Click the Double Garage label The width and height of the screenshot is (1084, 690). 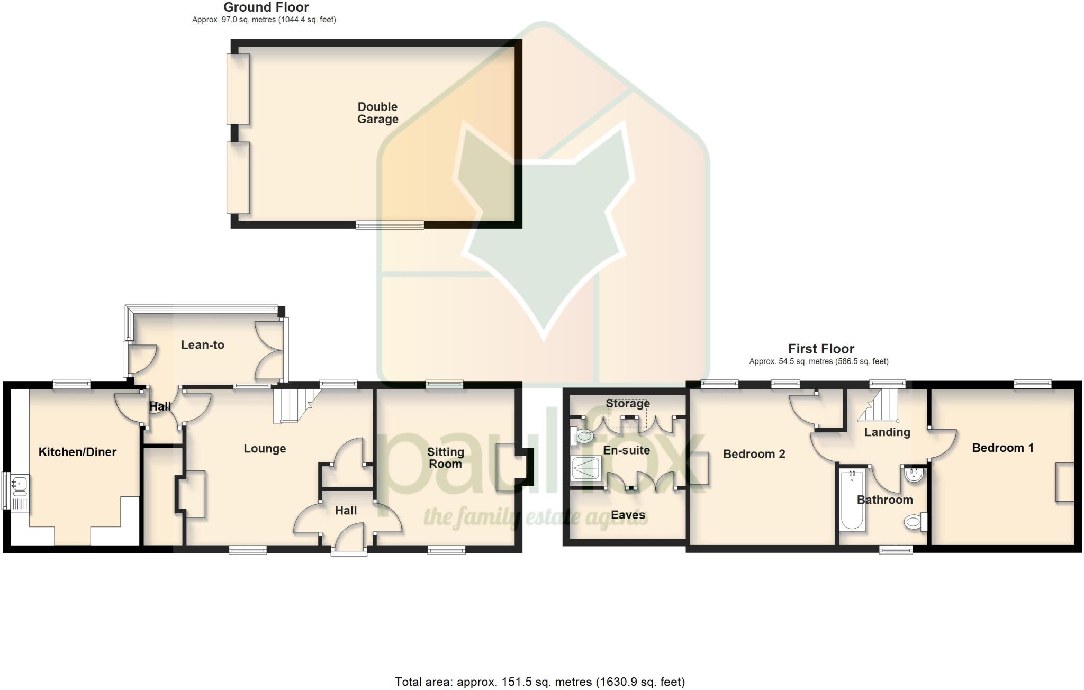coord(377,113)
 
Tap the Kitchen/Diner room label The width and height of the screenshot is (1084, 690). coord(77,452)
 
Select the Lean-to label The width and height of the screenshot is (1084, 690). coord(203,345)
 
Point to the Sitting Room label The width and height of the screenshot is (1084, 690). coord(445,458)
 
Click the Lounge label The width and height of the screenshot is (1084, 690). coord(265,449)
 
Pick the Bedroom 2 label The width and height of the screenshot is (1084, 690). coord(754,454)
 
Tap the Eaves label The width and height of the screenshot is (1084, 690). coord(628,515)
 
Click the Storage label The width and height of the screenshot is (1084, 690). coord(628,404)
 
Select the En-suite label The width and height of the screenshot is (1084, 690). coord(627,450)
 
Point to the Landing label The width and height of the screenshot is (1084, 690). coord(887,432)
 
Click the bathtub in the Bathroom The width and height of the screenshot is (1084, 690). coord(852,501)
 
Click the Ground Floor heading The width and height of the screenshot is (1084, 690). coord(266,7)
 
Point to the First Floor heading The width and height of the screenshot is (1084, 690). coord(821,349)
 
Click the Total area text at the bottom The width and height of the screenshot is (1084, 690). coord(539,682)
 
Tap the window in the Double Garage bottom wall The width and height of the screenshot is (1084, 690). coord(390,225)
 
